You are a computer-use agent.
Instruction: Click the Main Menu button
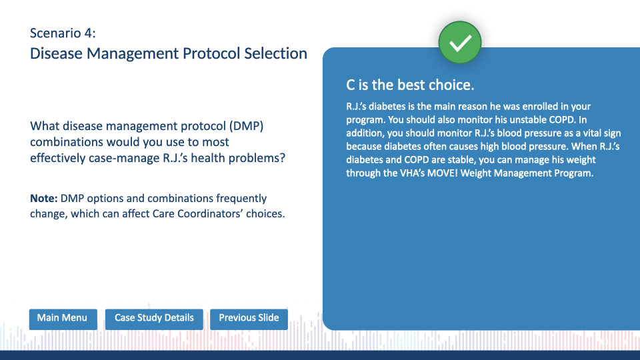pos(63,319)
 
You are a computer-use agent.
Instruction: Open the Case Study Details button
pos(154,319)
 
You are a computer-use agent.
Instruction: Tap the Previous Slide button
pos(249,319)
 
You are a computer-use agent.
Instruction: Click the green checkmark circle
pos(460,43)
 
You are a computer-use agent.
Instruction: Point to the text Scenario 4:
pos(63,33)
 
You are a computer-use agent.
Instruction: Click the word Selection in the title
pos(275,53)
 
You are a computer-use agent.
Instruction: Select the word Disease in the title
pos(56,53)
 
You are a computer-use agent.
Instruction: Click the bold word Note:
pos(44,199)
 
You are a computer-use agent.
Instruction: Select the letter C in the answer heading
pos(350,85)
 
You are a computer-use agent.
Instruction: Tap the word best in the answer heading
pos(412,85)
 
